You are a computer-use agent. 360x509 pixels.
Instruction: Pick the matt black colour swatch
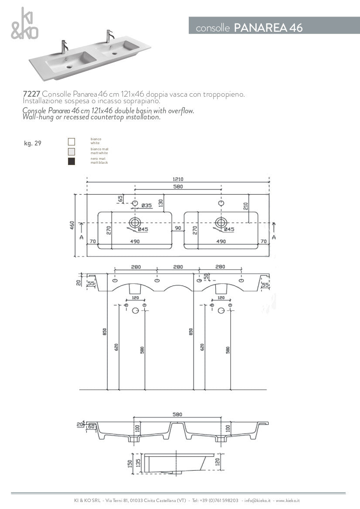coord(71,162)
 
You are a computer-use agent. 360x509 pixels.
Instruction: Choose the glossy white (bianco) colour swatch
coord(71,141)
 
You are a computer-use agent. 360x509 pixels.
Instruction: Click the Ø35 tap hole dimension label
coord(146,206)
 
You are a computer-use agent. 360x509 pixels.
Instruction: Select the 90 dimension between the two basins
coord(178,228)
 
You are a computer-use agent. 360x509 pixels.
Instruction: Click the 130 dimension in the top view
coord(160,203)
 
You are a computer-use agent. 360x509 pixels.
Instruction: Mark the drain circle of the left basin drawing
coord(134,222)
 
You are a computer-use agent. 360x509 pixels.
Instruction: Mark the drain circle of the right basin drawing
coord(221,222)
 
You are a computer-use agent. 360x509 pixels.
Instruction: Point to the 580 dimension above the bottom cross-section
coord(177,414)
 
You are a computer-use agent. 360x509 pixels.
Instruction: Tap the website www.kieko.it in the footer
coord(287,501)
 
